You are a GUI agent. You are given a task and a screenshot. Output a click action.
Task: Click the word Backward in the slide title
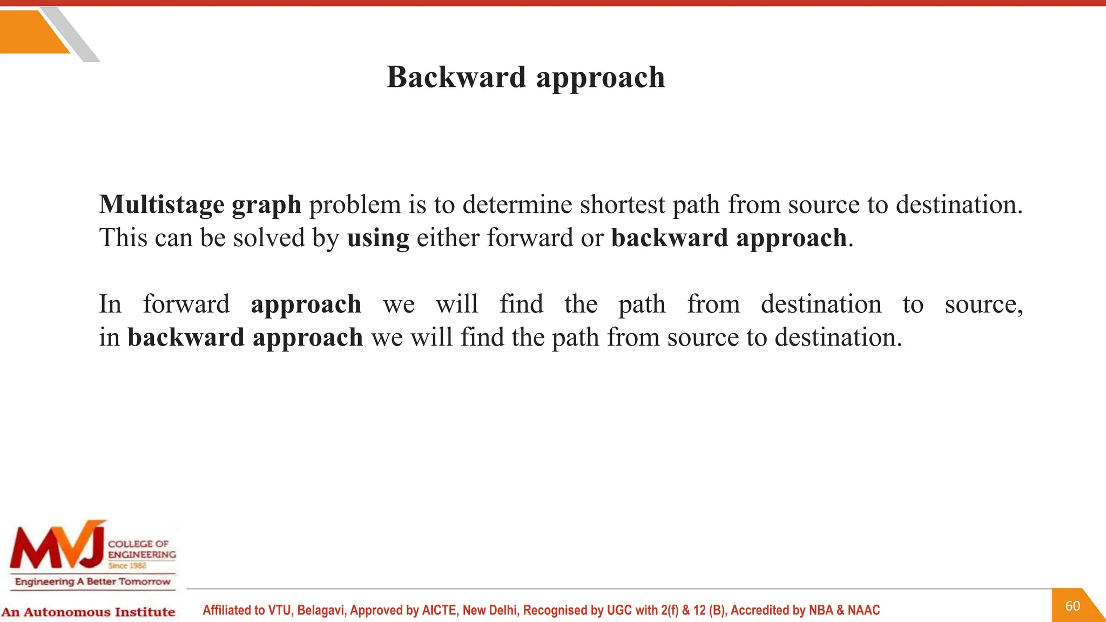coord(456,77)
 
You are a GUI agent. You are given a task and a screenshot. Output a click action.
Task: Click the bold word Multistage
coord(161,205)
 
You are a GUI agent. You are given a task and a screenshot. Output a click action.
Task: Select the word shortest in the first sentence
coord(623,205)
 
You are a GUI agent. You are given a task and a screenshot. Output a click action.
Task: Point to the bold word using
coord(378,239)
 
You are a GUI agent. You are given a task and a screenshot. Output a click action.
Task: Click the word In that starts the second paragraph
coord(110,304)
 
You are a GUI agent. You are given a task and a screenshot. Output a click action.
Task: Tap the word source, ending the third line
coord(983,305)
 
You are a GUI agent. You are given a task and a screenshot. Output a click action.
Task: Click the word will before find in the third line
coord(457,304)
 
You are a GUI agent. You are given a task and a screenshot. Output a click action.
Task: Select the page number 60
coord(1073,606)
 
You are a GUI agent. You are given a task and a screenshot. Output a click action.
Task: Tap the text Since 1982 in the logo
coord(127,566)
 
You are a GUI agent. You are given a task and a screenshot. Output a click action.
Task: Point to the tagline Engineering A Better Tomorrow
coord(92,582)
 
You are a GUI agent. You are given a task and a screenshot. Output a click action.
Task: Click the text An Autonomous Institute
coord(88,612)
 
